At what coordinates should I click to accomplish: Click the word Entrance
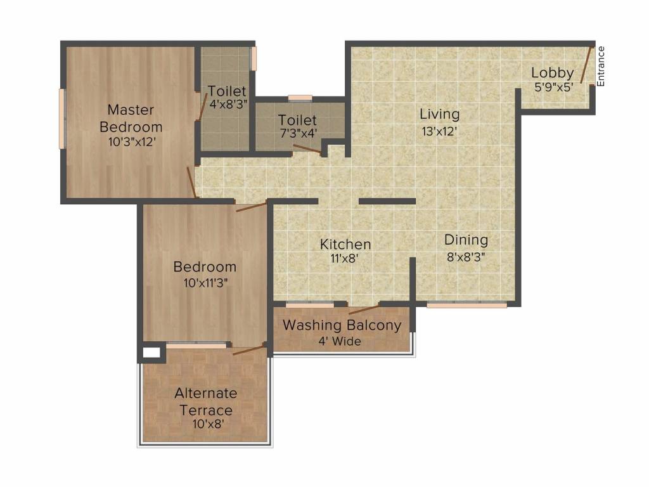[601, 66]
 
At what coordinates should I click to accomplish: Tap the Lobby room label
[553, 72]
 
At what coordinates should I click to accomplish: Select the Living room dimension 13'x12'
[439, 132]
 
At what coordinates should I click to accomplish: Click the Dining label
[466, 240]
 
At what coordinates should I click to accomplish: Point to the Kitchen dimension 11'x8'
[344, 259]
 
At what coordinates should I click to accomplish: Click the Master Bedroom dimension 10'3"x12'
[132, 142]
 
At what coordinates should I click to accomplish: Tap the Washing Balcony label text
[342, 325]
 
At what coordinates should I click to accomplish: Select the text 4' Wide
[340, 341]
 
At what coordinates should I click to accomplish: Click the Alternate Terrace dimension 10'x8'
[208, 424]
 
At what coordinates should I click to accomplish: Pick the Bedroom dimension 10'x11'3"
[206, 283]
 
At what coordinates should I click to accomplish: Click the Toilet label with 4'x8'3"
[227, 91]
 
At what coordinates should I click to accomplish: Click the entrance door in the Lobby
[586, 65]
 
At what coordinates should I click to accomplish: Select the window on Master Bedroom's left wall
[62, 119]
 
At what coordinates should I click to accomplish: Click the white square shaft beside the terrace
[151, 353]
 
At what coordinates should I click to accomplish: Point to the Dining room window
[467, 305]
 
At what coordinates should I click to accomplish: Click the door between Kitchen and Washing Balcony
[364, 309]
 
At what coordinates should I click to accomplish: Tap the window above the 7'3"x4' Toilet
[300, 98]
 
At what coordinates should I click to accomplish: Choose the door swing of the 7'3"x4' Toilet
[307, 150]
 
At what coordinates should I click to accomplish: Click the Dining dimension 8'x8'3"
[466, 257]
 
